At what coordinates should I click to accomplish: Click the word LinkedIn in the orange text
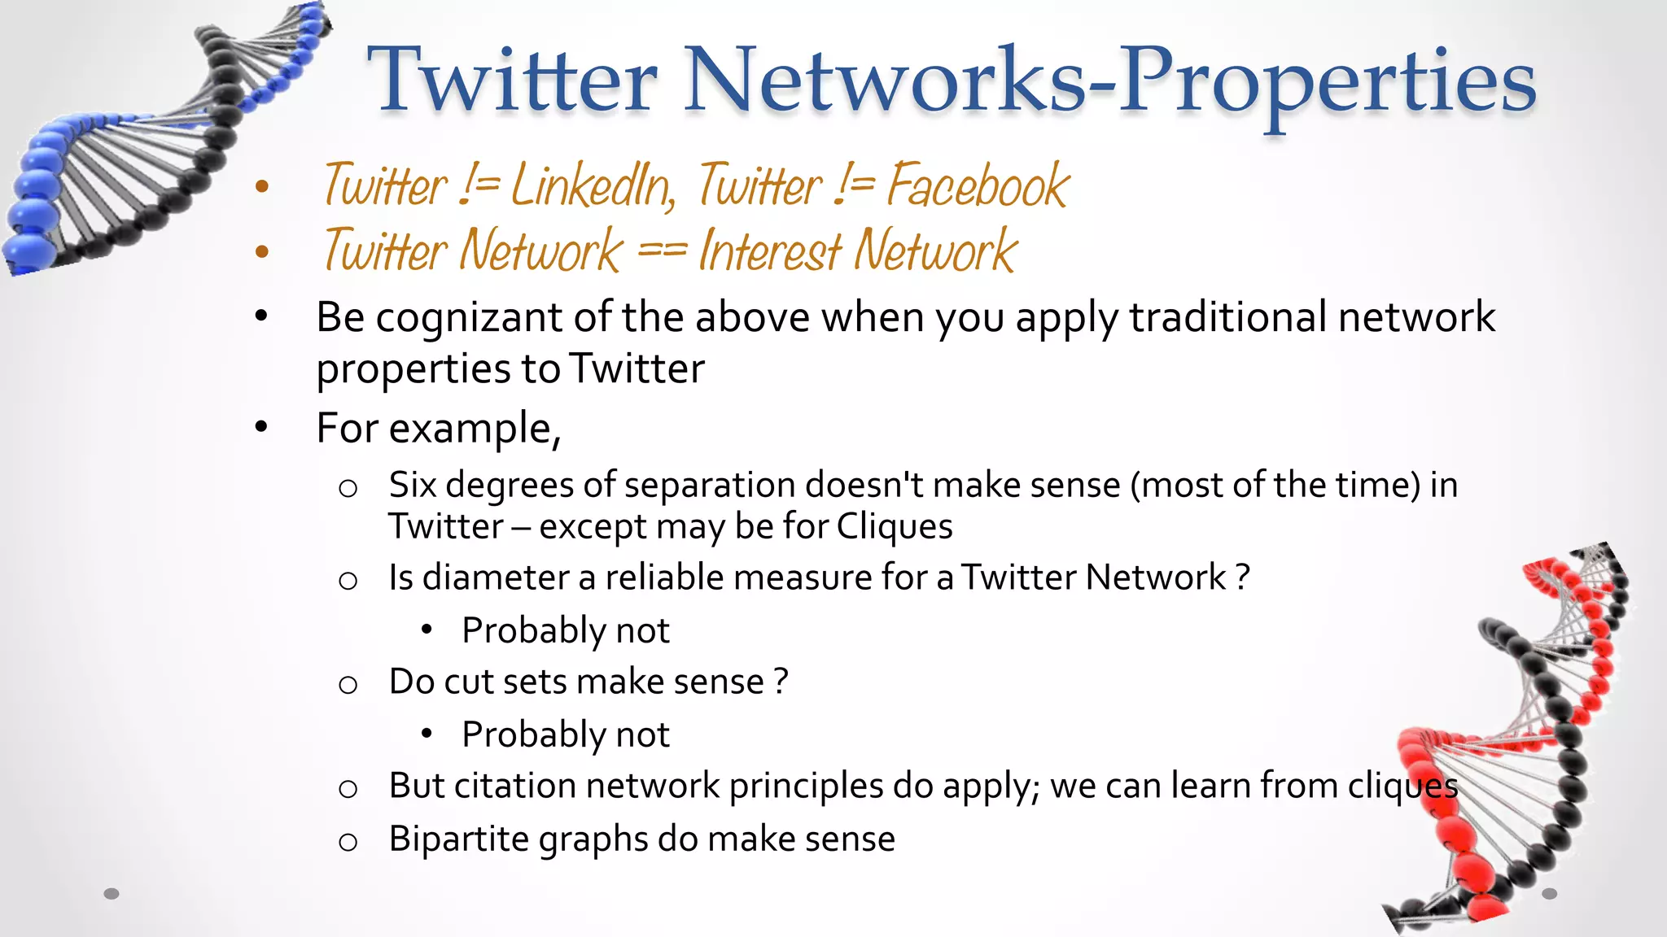pyautogui.click(x=593, y=186)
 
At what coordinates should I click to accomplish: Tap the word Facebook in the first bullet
pyautogui.click(x=977, y=186)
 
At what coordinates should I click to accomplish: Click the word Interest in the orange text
pyautogui.click(x=771, y=251)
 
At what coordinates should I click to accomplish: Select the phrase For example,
pyautogui.click(x=438, y=429)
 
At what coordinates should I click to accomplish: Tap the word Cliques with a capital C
pyautogui.click(x=894, y=527)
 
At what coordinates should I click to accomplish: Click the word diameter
pyautogui.click(x=496, y=577)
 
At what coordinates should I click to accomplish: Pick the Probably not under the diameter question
pyautogui.click(x=565, y=631)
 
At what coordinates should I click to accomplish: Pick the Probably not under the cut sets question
pyautogui.click(x=565, y=735)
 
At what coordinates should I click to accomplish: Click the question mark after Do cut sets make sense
pyautogui.click(x=781, y=682)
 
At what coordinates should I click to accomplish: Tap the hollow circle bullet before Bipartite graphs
pyautogui.click(x=348, y=842)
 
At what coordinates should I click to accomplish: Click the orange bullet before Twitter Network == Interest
pyautogui.click(x=261, y=251)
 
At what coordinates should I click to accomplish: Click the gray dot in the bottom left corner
pyautogui.click(x=112, y=894)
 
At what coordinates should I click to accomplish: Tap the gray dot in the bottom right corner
pyautogui.click(x=1549, y=894)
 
